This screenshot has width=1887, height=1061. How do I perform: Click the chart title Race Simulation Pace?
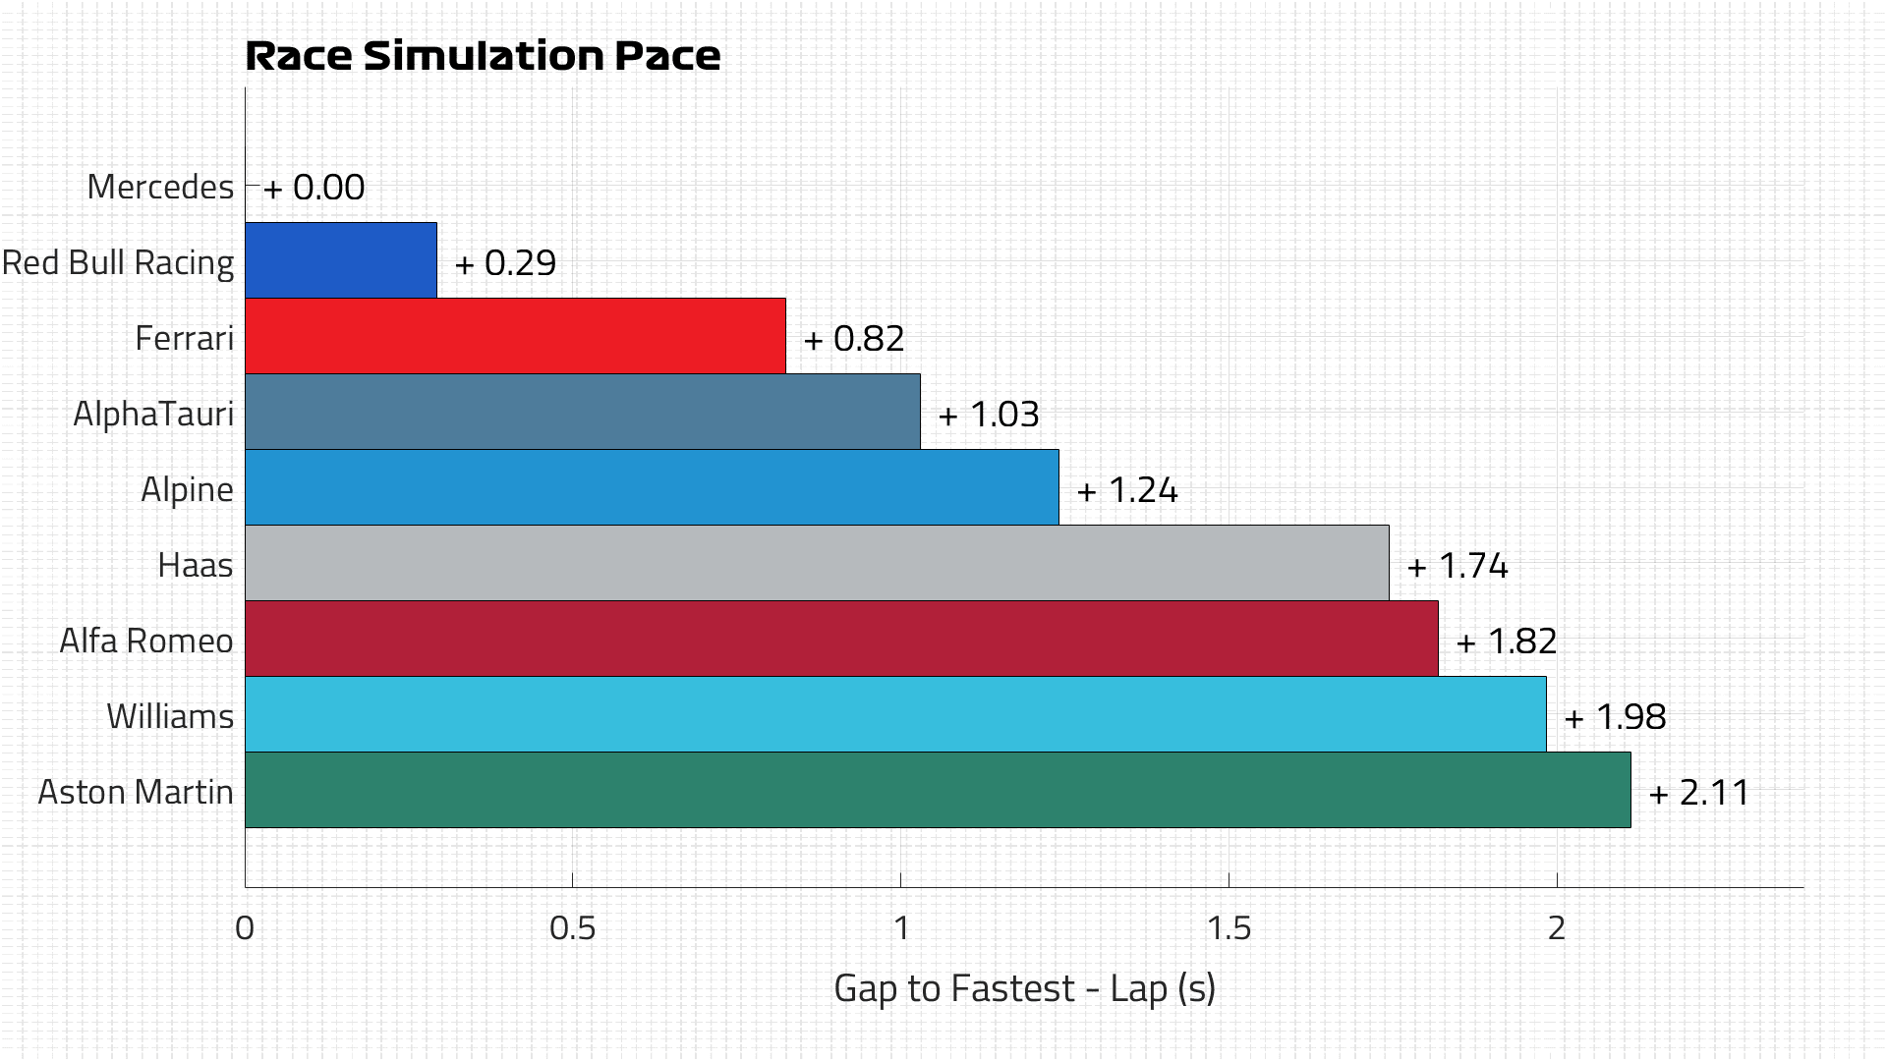coord(483,56)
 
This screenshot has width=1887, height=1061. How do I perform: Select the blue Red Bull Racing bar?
coord(340,260)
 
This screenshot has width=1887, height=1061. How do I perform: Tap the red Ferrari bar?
coord(515,336)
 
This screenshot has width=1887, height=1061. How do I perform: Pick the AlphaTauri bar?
coord(582,412)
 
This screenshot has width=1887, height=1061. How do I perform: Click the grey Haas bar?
coord(817,563)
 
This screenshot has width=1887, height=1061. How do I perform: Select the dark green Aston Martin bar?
coord(938,790)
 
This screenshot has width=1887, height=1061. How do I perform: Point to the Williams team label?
coord(170,716)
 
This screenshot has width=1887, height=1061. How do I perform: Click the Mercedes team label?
coord(160,187)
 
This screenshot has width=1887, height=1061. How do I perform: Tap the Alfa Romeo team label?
coord(146,641)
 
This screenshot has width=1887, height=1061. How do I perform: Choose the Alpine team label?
coord(187,489)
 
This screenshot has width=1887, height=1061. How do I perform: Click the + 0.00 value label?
coord(314,187)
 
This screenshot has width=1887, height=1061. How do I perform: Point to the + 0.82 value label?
coord(854,338)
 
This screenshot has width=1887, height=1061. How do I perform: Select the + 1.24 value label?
coord(1127,489)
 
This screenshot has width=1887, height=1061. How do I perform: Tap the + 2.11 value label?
coord(1699,792)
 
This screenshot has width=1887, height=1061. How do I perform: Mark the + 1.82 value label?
coord(1507,641)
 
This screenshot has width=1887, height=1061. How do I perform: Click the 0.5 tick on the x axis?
coord(573,927)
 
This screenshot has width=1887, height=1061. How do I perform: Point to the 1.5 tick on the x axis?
coord(1229,927)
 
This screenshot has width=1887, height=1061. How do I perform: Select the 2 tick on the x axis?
coord(1557,927)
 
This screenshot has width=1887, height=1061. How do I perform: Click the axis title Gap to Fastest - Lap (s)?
coord(1024,988)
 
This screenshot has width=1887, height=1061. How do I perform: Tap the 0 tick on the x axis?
coord(245,927)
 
